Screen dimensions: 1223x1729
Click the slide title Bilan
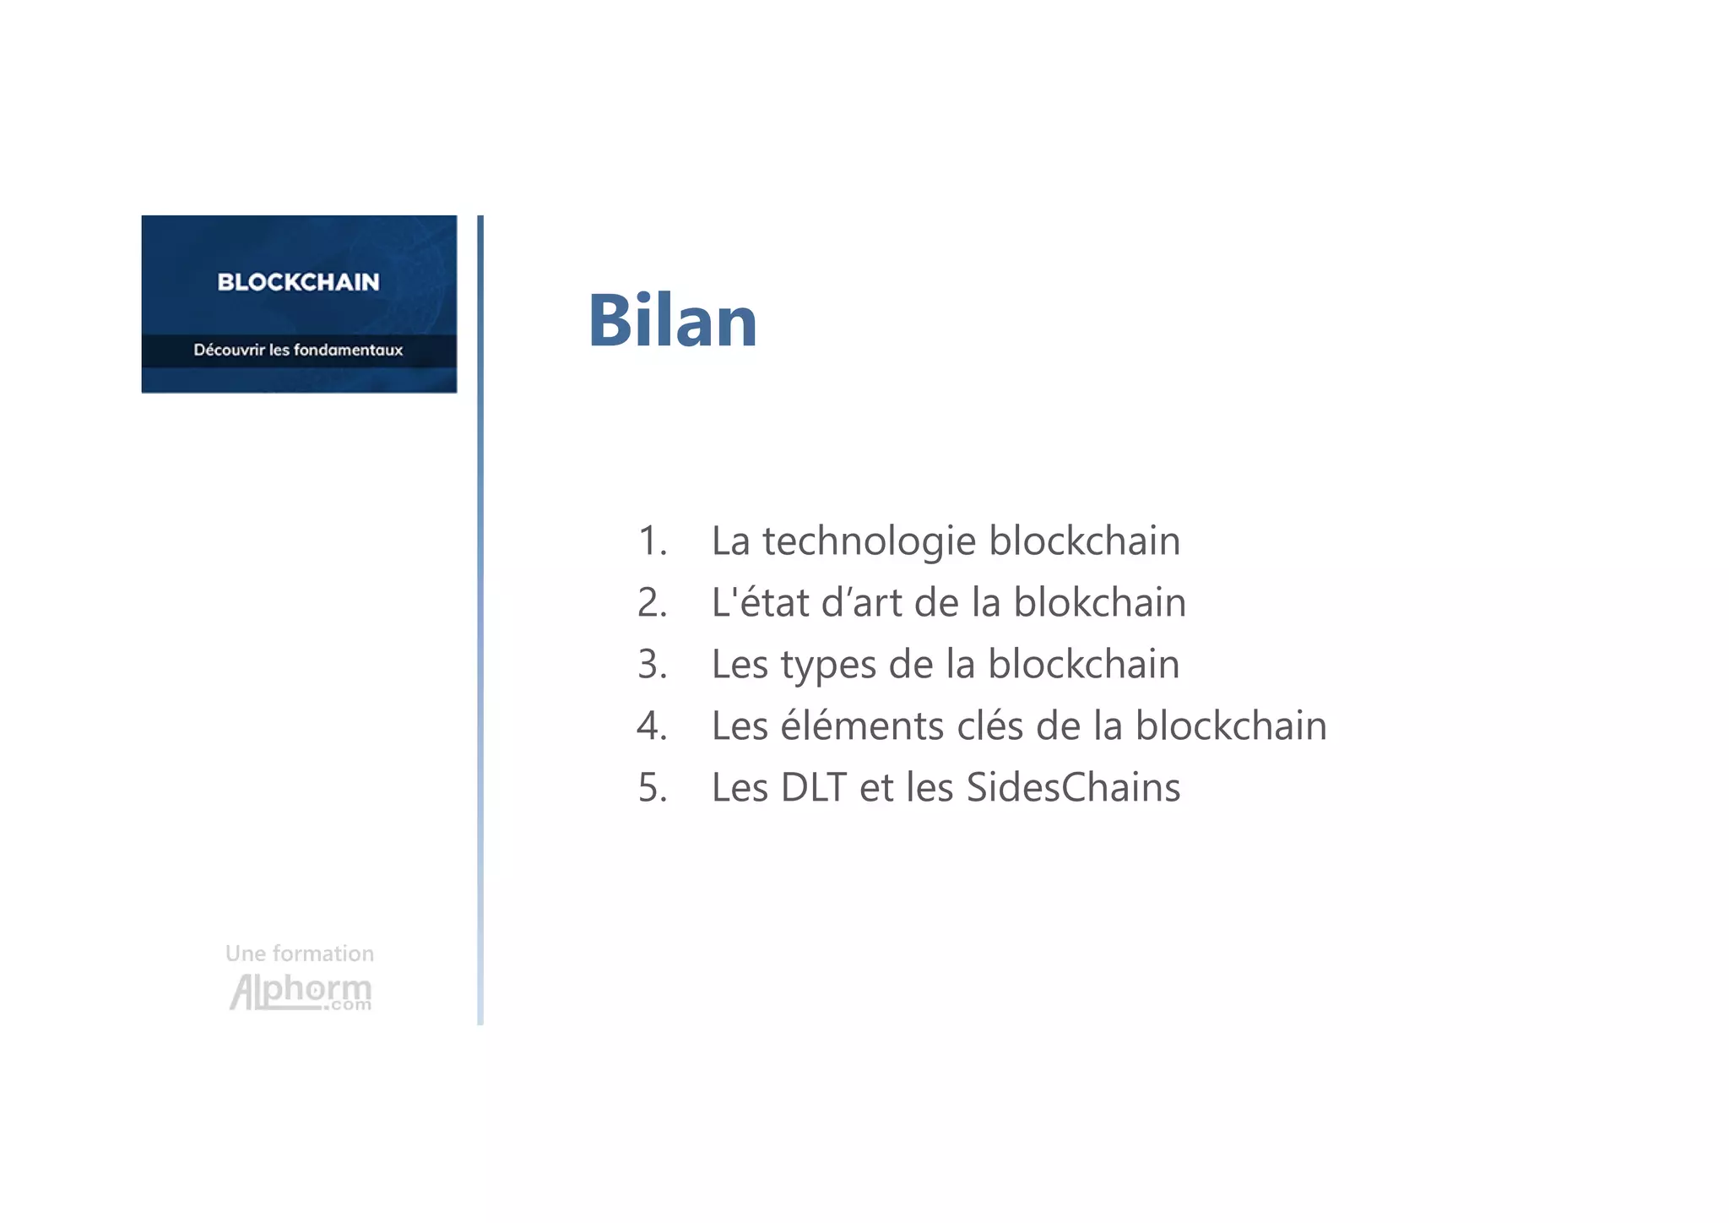(672, 321)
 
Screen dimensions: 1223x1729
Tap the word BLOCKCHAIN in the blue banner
(298, 282)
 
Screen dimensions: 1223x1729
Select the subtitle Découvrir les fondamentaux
(298, 350)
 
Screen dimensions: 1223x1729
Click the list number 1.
(651, 541)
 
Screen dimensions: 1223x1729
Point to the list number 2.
(651, 603)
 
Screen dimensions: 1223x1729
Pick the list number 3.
(651, 665)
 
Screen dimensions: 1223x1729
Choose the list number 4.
(651, 726)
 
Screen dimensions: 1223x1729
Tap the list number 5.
(651, 788)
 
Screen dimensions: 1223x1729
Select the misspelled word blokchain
(1099, 603)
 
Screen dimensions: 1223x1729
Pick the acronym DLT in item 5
(813, 788)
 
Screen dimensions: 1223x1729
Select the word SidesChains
(1073, 788)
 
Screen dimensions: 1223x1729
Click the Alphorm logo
(300, 992)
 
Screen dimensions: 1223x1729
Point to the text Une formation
(300, 954)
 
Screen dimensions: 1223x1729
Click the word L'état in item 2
(760, 603)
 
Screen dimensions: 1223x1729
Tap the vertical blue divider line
(480, 620)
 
